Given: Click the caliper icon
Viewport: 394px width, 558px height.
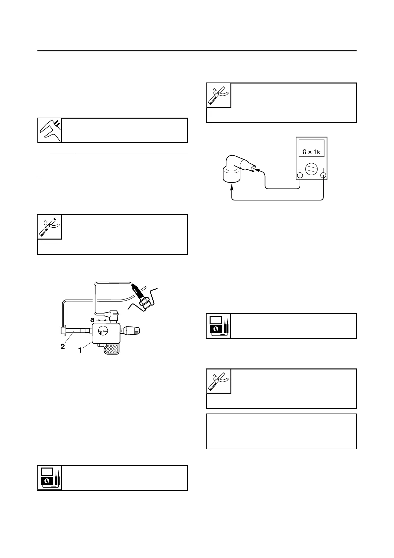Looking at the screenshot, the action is pyautogui.click(x=50, y=130).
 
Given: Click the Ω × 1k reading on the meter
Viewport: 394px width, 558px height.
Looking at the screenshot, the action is pyautogui.click(x=311, y=152).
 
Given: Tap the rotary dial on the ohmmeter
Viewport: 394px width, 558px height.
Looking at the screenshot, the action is pyautogui.click(x=311, y=169).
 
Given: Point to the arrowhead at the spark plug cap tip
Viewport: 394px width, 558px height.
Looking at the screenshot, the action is pyautogui.click(x=256, y=170).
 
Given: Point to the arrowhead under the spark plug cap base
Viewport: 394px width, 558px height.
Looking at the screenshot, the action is pyautogui.click(x=232, y=188).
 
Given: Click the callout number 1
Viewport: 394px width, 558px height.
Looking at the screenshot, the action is pyautogui.click(x=80, y=350).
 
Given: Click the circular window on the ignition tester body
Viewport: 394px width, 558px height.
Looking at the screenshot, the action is pyautogui.click(x=103, y=331).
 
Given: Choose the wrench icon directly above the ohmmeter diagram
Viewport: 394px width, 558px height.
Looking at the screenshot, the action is pyautogui.click(x=219, y=95).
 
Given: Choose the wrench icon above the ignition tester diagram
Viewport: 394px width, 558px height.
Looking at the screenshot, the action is pyautogui.click(x=50, y=227).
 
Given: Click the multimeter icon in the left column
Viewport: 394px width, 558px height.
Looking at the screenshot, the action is pyautogui.click(x=50, y=478).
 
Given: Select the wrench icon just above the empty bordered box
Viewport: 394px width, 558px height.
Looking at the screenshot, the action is pyautogui.click(x=219, y=381).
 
